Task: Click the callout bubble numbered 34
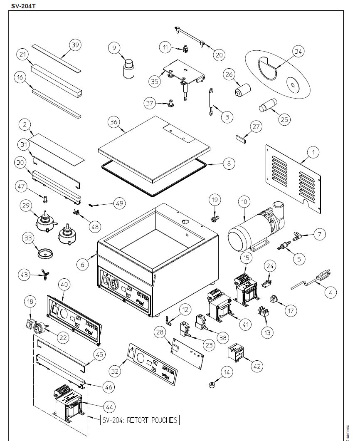click(298, 51)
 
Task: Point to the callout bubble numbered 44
click(110, 406)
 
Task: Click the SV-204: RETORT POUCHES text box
click(140, 420)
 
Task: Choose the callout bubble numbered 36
click(113, 122)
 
